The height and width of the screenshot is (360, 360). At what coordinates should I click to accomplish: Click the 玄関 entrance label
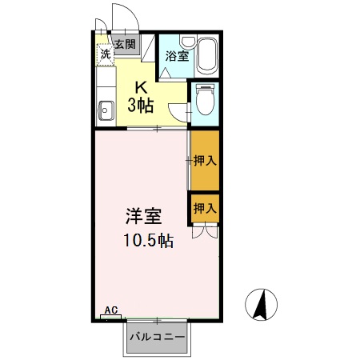point(124,44)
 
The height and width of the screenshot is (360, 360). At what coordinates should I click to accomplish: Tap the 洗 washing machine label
point(105,54)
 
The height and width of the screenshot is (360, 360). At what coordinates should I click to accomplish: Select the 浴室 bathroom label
point(177,56)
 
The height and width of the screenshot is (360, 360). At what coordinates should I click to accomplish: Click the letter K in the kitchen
point(141,88)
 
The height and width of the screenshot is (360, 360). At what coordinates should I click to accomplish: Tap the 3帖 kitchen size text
point(141,105)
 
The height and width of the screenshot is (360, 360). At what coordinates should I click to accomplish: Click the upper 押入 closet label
point(205,160)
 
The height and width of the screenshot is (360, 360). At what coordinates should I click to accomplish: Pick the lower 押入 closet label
point(205,207)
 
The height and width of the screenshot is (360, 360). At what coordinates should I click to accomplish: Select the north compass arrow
point(261,305)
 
